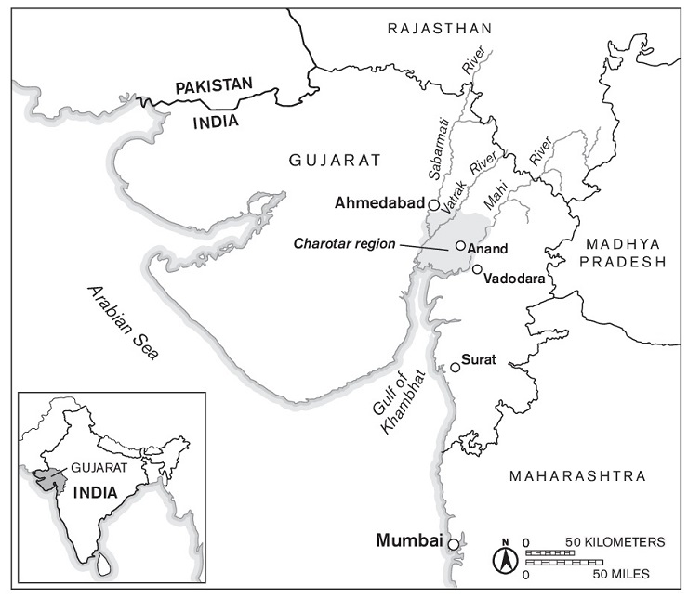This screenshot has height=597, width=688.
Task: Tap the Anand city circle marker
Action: [x=460, y=245]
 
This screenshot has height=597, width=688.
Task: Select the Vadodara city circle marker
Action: [x=477, y=269]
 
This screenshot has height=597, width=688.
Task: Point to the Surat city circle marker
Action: [x=455, y=368]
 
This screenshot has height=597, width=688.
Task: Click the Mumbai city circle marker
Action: [x=453, y=544]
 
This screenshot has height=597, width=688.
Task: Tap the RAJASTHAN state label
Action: [x=432, y=30]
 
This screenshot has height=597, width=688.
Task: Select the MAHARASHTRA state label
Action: [x=576, y=476]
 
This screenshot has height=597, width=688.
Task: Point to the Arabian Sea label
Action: [x=125, y=322]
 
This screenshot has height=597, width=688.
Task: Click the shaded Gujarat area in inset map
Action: [x=46, y=478]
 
